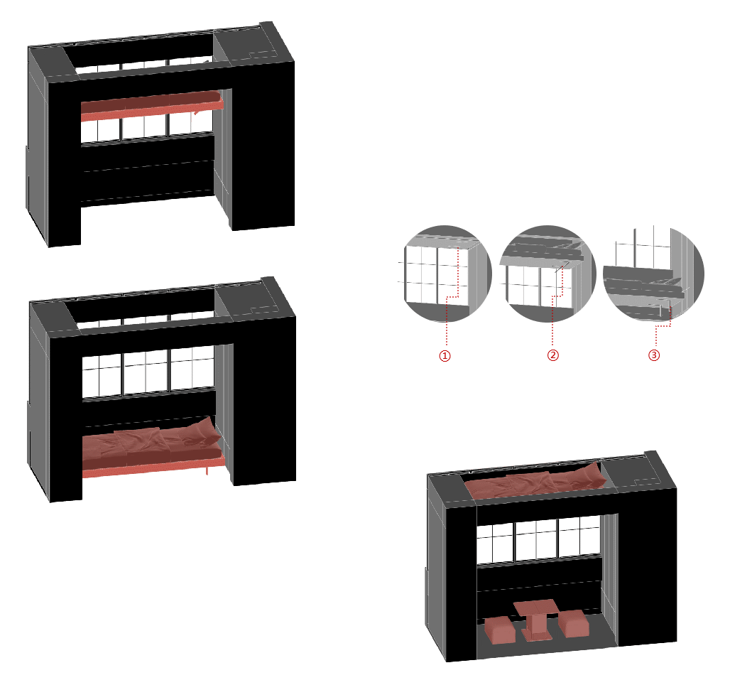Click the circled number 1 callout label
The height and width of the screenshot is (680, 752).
point(445,355)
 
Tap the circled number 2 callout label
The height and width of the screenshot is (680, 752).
point(553,355)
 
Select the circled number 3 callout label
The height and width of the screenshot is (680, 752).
point(654,355)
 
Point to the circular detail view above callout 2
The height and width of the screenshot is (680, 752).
point(547,273)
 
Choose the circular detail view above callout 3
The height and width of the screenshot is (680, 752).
point(654,273)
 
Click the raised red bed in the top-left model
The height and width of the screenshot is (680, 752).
point(151,106)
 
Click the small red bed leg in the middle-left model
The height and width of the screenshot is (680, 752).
point(207,470)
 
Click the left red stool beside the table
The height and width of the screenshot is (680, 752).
point(500,630)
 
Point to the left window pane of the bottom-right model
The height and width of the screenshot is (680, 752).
point(495,544)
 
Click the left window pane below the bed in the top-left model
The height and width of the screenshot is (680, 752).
point(100,130)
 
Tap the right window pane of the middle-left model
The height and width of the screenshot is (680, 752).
point(192,367)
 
